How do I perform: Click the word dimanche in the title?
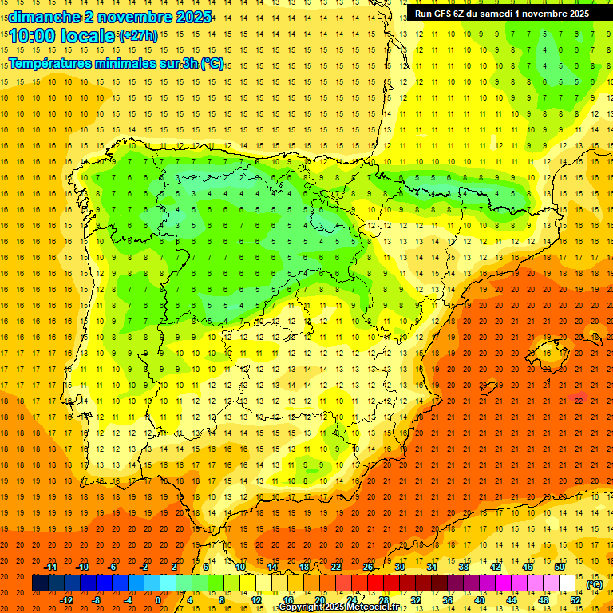point(42,17)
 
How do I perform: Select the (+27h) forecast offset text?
point(137,36)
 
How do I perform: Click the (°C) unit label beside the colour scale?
point(595,585)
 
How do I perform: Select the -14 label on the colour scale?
point(51,567)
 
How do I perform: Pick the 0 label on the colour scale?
point(159,600)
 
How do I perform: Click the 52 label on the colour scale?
point(575,600)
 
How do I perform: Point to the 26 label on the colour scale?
point(368,567)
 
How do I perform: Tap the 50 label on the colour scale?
point(560,567)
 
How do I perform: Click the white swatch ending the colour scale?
point(568,583)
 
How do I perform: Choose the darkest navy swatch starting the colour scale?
point(40,583)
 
